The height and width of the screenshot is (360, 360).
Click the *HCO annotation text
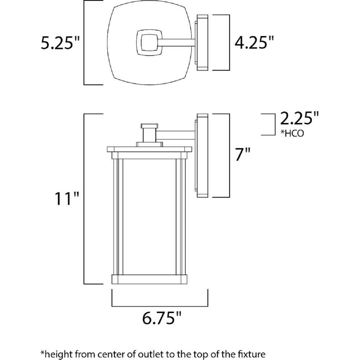point(292,134)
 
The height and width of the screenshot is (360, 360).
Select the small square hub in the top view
point(148,44)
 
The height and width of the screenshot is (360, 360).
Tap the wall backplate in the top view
point(202,42)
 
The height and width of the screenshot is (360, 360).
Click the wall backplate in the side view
point(202,156)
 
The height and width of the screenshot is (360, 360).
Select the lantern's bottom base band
point(149,279)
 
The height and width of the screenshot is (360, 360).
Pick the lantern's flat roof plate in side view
point(149,149)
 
